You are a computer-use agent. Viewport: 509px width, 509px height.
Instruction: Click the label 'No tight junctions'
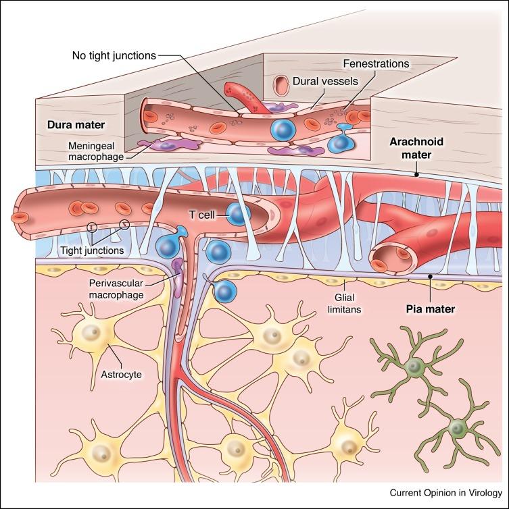point(114,55)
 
